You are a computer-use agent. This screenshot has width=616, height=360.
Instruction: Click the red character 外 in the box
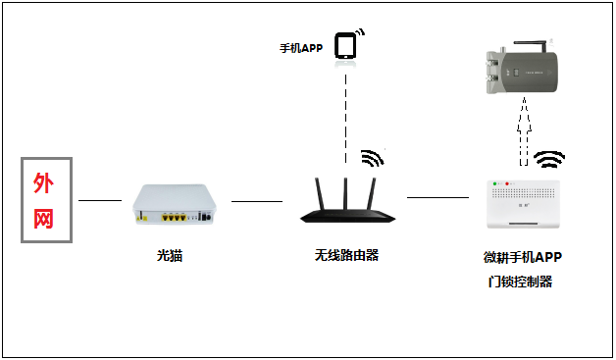(44, 182)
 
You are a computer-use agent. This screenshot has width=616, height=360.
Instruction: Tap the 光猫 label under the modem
(170, 256)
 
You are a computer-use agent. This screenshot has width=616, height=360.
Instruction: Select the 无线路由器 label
(346, 255)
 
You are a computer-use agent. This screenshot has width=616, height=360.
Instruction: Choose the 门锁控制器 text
(520, 282)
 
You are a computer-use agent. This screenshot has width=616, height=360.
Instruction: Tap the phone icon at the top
(346, 46)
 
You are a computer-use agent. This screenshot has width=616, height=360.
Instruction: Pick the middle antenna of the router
(346, 187)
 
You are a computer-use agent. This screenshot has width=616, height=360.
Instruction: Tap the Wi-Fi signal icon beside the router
(372, 158)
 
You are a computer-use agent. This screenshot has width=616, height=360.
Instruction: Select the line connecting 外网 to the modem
(99, 200)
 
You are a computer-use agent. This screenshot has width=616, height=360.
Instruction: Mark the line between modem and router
(256, 200)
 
